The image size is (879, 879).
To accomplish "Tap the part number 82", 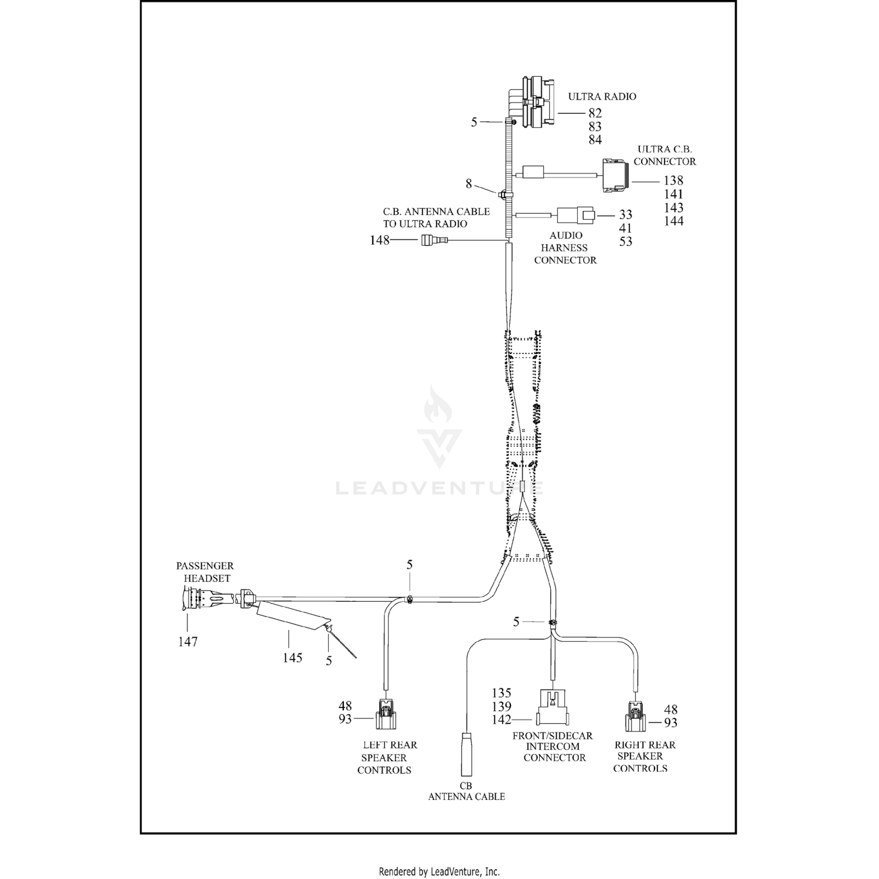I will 595,113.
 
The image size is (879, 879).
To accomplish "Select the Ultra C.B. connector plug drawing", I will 615,175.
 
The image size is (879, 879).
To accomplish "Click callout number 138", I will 673,181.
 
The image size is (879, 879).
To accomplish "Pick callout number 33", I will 625,215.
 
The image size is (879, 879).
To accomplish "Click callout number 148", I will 379,240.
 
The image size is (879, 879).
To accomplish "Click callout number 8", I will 469,184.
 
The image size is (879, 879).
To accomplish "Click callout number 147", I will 188,642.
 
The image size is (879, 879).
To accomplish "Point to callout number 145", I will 292,657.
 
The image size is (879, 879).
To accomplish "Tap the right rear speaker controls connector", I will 636,717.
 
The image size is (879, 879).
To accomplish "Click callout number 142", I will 502,720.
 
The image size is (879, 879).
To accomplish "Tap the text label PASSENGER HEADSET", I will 205,572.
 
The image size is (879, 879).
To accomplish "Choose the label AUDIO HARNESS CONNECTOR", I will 565,248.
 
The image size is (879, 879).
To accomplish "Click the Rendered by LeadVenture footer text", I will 439,871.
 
